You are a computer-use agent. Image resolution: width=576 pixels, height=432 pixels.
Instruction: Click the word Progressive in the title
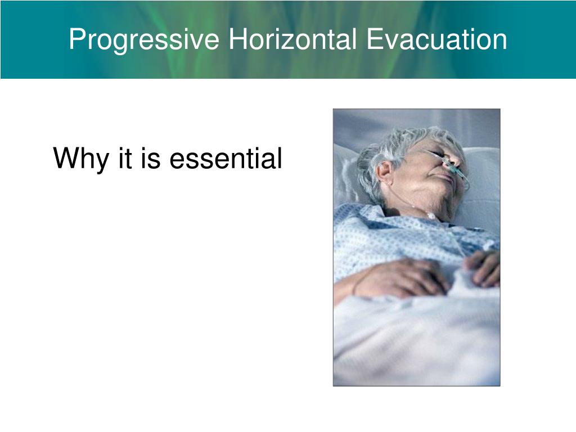tap(145, 40)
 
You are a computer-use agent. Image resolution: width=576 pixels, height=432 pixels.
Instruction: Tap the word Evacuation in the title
tap(437, 39)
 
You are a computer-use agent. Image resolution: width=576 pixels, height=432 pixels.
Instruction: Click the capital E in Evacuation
tap(373, 39)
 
